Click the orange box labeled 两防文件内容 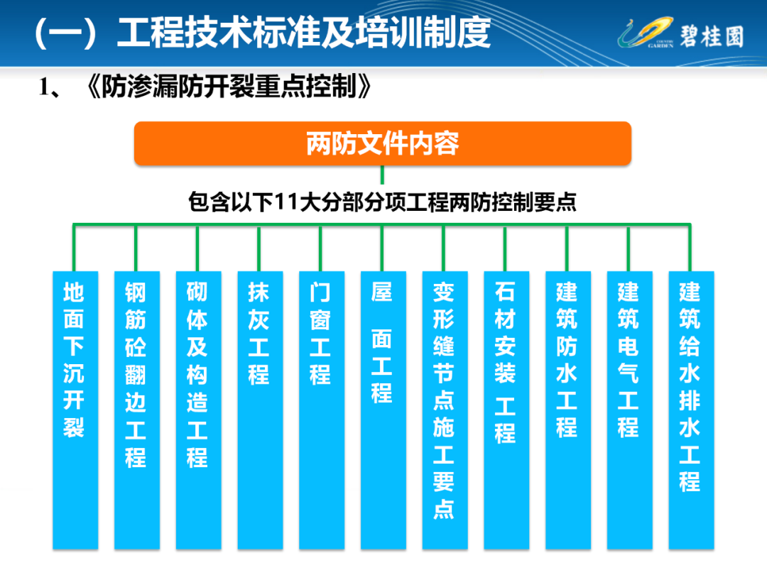pos(383,143)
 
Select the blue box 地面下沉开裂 pos(75,410)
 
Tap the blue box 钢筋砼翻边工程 pos(137,410)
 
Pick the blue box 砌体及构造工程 pos(199,410)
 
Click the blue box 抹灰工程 pos(260,410)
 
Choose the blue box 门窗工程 pos(322,410)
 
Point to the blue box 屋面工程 pos(383,410)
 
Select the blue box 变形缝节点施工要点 pos(445,410)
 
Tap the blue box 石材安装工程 pos(507,410)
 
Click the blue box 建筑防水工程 pos(568,410)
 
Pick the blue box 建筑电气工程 pos(630,410)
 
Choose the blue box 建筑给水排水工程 pos(692,410)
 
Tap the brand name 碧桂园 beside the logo pos(712,36)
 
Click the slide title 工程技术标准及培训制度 pos(304,33)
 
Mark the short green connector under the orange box pos(382,175)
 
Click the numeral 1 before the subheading pos(43,87)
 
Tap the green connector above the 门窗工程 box pos(320,248)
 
